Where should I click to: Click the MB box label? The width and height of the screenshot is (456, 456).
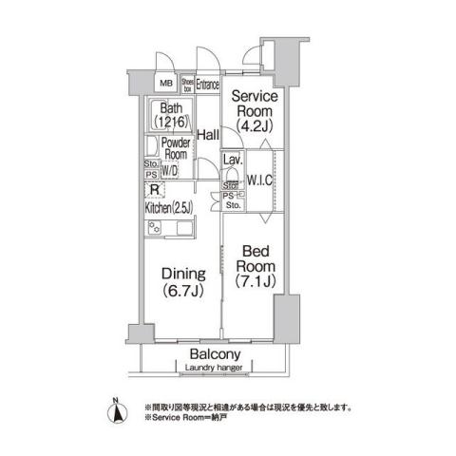tap(164, 84)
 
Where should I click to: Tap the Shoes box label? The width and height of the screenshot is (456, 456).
tap(188, 84)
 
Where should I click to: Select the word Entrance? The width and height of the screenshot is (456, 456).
tap(208, 84)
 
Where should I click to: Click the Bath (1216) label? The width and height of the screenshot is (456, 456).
tap(172, 115)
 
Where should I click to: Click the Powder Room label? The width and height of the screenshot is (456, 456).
tap(177, 148)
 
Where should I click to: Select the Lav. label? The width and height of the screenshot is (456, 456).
tap(231, 160)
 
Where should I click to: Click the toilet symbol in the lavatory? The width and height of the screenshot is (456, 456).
tap(231, 177)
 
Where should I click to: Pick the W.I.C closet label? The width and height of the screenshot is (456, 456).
tap(260, 180)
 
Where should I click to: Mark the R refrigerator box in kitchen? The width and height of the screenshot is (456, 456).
tap(152, 189)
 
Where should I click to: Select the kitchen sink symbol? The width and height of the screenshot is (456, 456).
tap(180, 228)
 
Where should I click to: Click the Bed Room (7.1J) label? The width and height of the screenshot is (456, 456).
tap(254, 267)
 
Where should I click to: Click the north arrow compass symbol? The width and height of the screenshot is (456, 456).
tap(116, 410)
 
